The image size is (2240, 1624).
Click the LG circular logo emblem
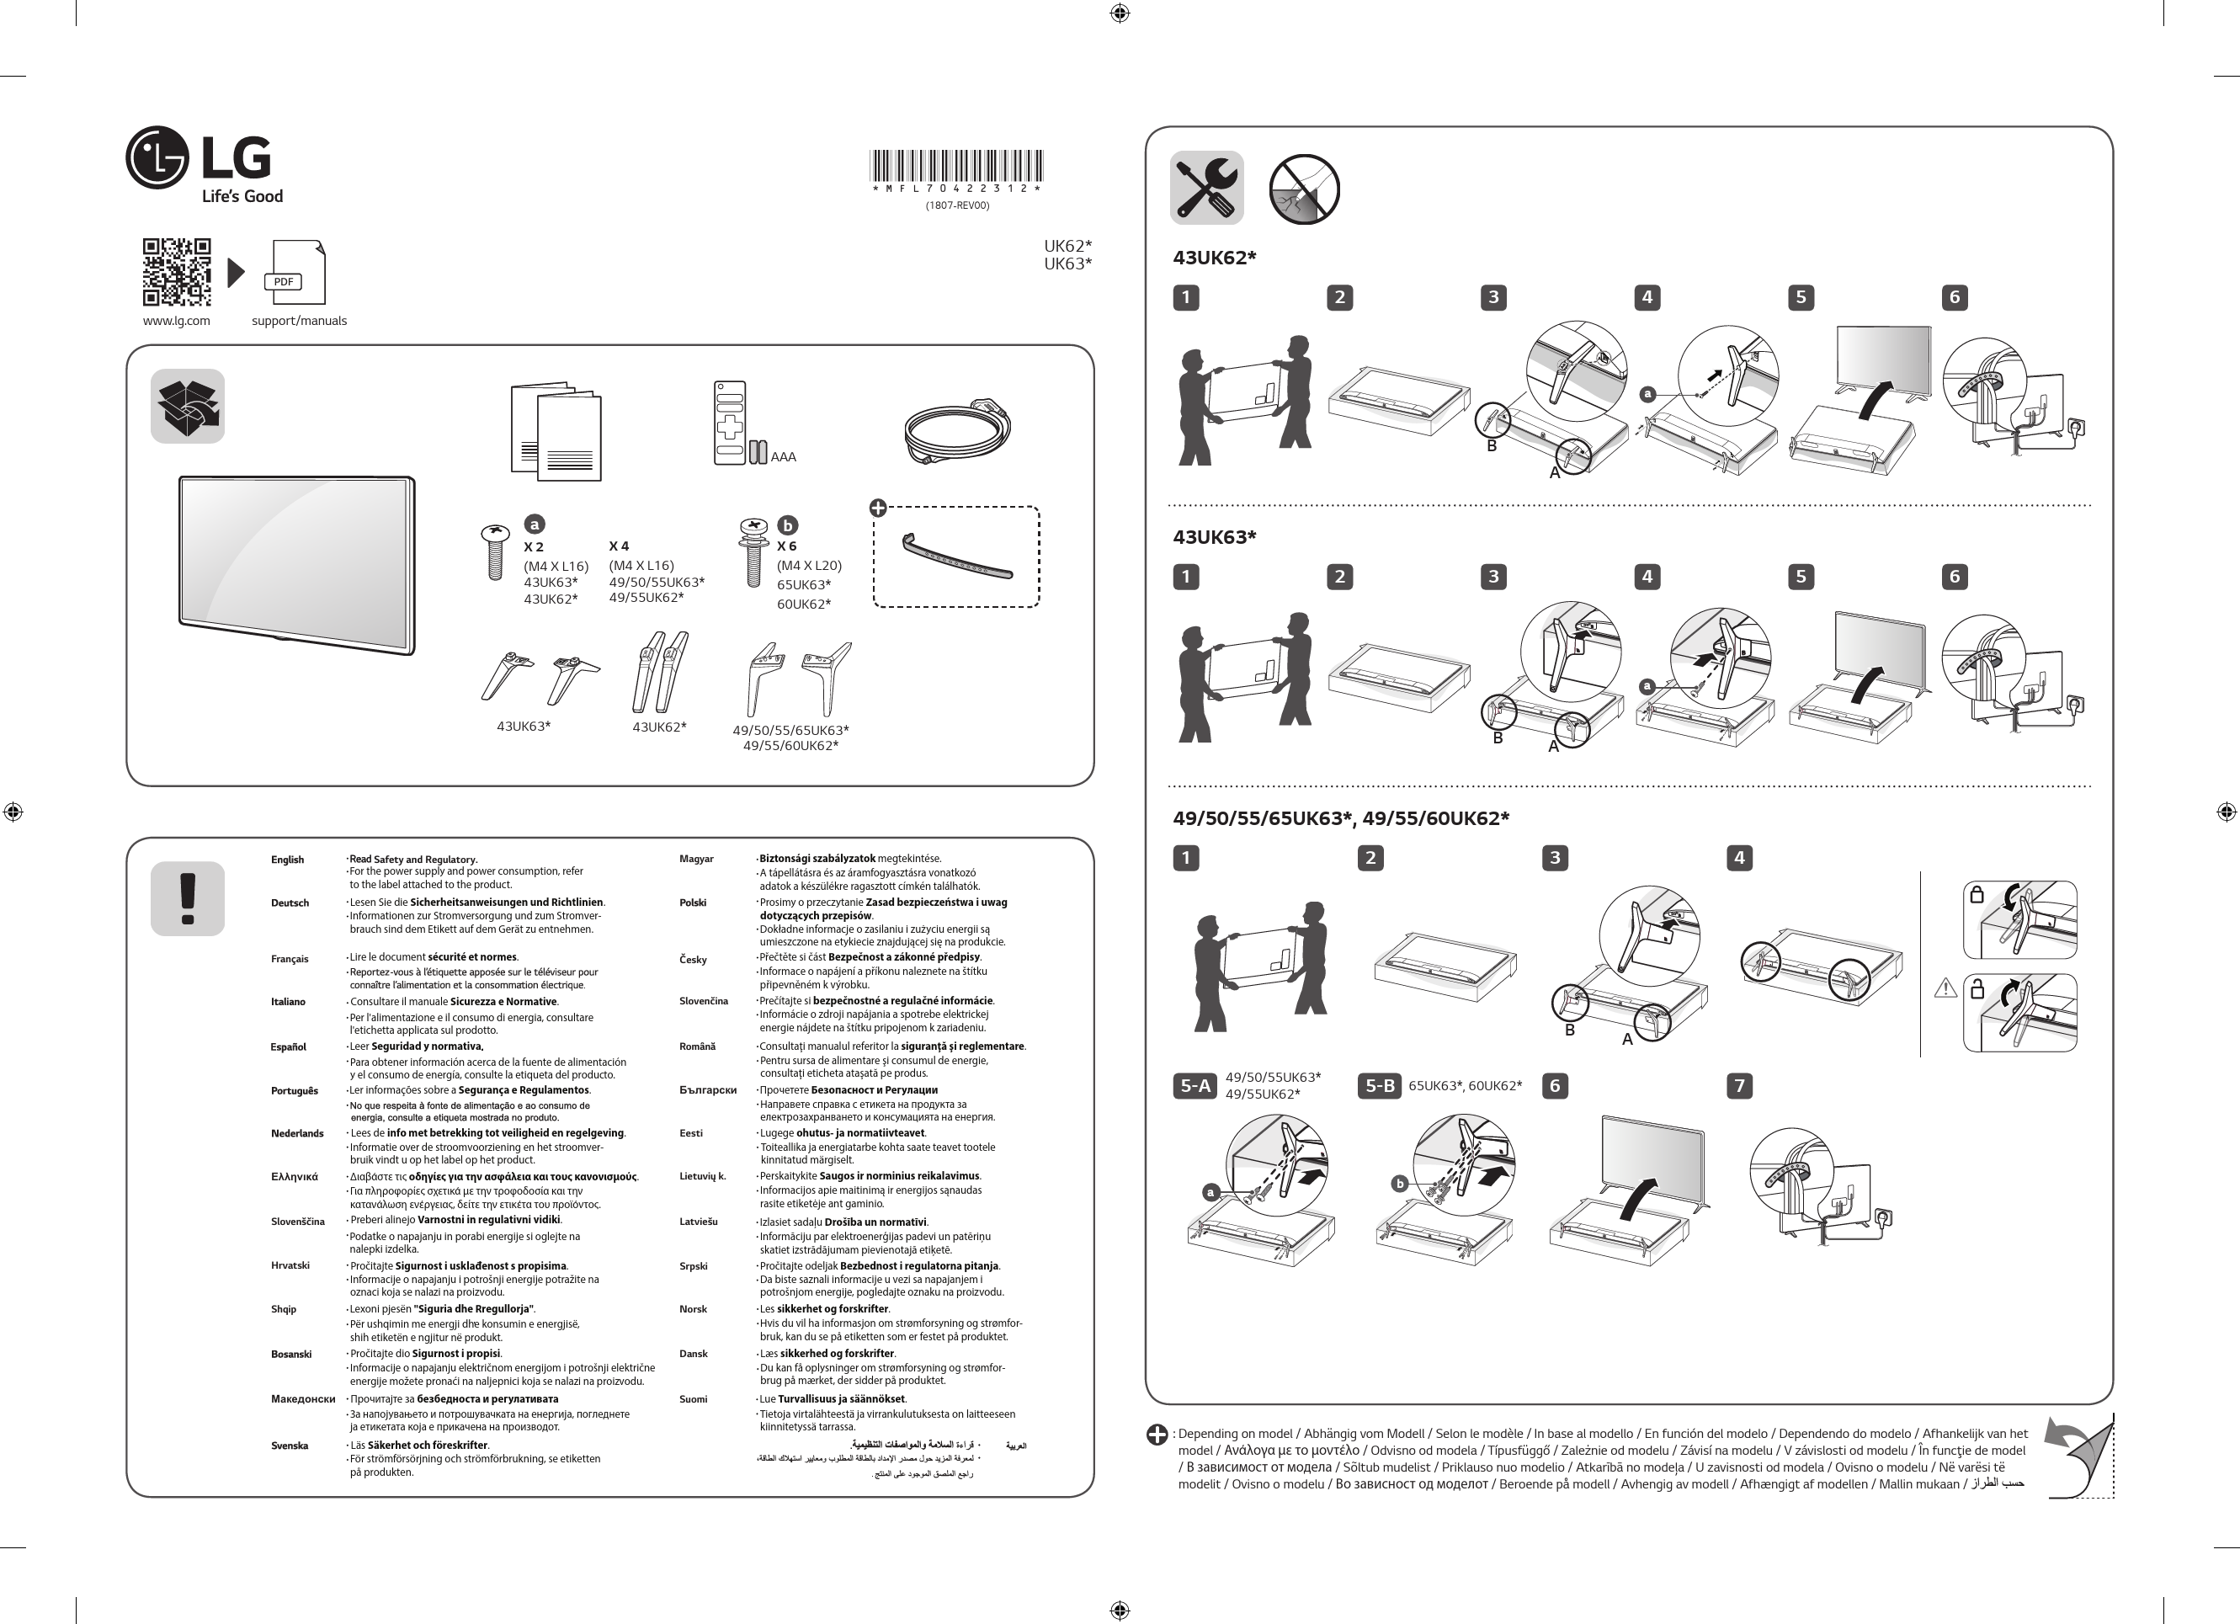point(157,157)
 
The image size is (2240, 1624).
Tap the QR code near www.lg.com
point(177,272)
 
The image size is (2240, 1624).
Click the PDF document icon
point(295,273)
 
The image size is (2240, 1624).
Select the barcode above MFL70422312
point(956,165)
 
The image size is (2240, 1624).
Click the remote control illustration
point(730,423)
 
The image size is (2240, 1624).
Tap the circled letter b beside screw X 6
point(787,525)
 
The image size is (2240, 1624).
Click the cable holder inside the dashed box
point(956,557)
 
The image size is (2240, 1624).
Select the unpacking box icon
point(188,406)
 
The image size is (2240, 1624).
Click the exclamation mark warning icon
point(188,898)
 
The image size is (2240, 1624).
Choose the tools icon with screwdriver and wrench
point(1206,188)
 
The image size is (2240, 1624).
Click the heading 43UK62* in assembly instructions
point(1214,258)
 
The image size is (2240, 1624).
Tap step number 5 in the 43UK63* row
point(1801,577)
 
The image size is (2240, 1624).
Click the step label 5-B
point(1379,1086)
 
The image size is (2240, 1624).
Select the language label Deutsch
point(290,903)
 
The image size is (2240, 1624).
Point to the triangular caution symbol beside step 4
point(1945,987)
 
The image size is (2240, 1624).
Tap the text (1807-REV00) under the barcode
point(956,205)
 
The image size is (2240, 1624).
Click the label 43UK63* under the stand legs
point(524,726)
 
